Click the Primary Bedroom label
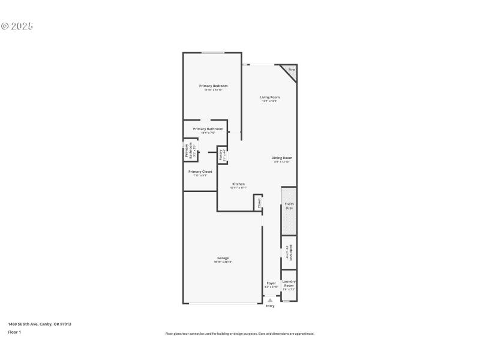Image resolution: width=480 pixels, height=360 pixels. tap(213, 86)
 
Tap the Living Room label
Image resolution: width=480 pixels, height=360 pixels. tap(269, 97)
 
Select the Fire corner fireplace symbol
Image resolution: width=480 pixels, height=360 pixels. tap(291, 70)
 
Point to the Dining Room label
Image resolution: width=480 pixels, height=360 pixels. tap(281, 158)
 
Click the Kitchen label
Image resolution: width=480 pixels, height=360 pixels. tap(238, 184)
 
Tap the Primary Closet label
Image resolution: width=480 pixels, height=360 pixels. tap(200, 172)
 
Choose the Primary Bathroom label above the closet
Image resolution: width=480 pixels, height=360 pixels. tap(208, 129)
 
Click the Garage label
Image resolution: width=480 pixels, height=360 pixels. tap(223, 258)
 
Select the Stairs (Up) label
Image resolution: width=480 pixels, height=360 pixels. tap(289, 205)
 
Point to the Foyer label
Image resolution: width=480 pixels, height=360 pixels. tap(271, 283)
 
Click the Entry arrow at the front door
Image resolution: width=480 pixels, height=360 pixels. tap(270, 300)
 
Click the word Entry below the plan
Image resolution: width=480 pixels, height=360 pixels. tap(270, 306)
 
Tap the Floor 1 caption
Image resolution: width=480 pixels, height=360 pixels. tap(14, 332)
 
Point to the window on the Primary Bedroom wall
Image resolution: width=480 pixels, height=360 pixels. tap(212, 53)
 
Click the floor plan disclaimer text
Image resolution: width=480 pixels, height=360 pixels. tap(239, 334)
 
